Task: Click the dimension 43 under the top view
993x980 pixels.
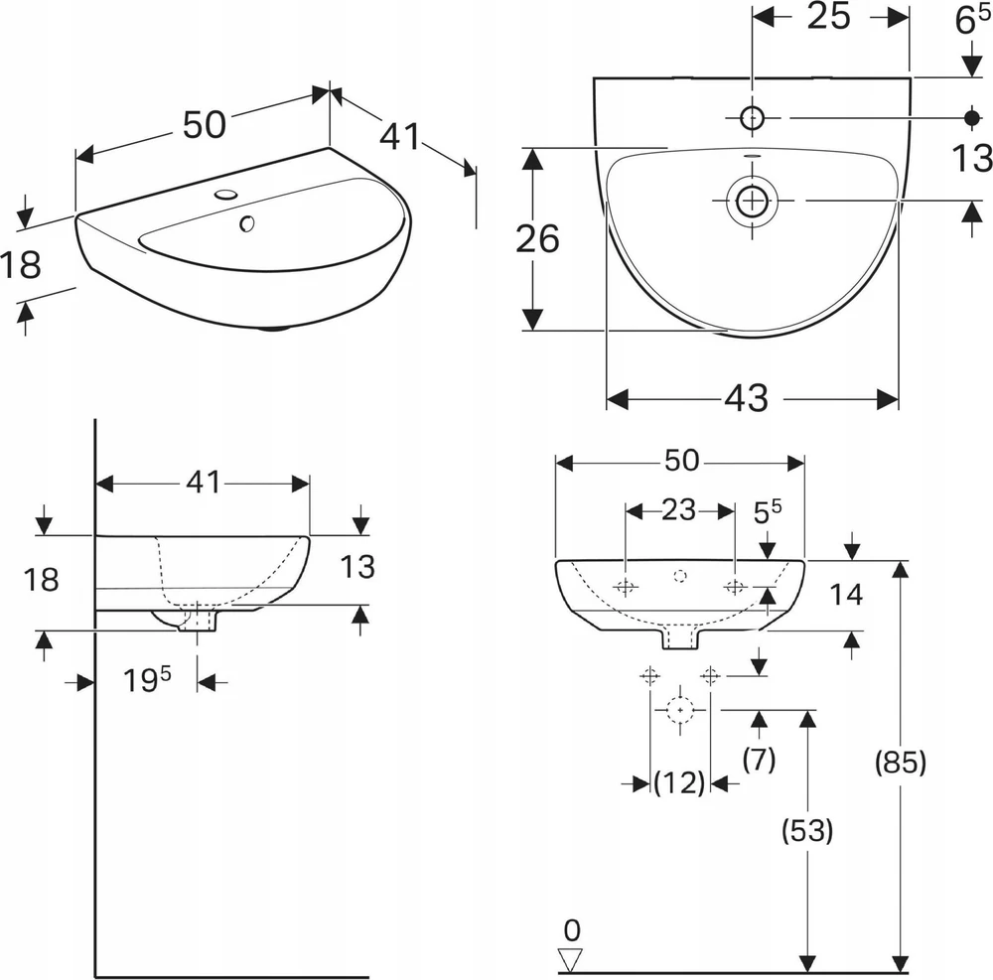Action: pos(746,398)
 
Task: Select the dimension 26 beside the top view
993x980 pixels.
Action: pos(537,238)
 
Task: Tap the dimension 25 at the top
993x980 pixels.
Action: pos(828,16)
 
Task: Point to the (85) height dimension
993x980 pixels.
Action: pos(900,762)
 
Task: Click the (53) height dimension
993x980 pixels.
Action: pos(806,830)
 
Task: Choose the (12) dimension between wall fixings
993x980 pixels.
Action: pos(679,782)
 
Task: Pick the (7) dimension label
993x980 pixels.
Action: pos(759,759)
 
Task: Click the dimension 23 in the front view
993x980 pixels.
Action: pos(679,509)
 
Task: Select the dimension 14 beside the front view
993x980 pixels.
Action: pos(846,595)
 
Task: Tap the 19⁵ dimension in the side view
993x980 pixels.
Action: pos(147,680)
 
